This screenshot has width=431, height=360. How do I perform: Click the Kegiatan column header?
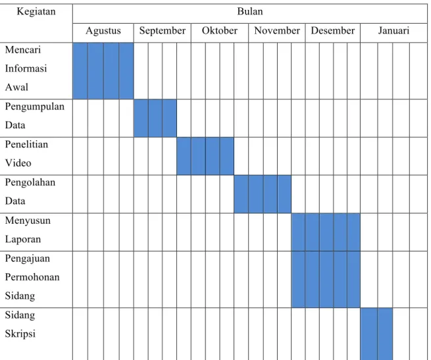pyautogui.click(x=36, y=12)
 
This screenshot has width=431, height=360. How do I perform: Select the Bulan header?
pyautogui.click(x=250, y=11)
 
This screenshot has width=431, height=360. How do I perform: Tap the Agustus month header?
pyautogui.click(x=103, y=31)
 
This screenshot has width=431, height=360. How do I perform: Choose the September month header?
pyautogui.click(x=162, y=31)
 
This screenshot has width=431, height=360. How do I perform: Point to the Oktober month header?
pyautogui.click(x=219, y=30)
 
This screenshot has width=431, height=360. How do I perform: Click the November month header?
pyautogui.click(x=277, y=30)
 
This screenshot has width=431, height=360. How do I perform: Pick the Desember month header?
pyautogui.click(x=332, y=30)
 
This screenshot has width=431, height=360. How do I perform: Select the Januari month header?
pyautogui.click(x=393, y=30)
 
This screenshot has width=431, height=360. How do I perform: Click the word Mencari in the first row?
pyautogui.click(x=23, y=50)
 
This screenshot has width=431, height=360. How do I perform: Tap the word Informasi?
pyautogui.click(x=26, y=68)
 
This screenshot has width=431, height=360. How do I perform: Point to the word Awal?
pyautogui.click(x=16, y=87)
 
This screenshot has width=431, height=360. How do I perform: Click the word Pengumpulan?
pyautogui.click(x=35, y=107)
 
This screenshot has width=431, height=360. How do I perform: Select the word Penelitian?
pyautogui.click(x=26, y=144)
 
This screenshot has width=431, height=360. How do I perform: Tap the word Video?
pyautogui.click(x=18, y=163)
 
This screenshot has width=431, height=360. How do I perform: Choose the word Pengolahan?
pyautogui.click(x=30, y=183)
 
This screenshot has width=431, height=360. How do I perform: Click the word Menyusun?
pyautogui.click(x=28, y=221)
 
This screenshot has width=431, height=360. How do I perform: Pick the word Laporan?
pyautogui.click(x=23, y=240)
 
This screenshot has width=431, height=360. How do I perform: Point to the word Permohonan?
pyautogui.click(x=32, y=278)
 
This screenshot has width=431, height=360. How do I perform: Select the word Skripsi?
pyautogui.click(x=20, y=334)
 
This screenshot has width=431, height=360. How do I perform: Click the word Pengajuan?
pyautogui.click(x=28, y=259)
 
